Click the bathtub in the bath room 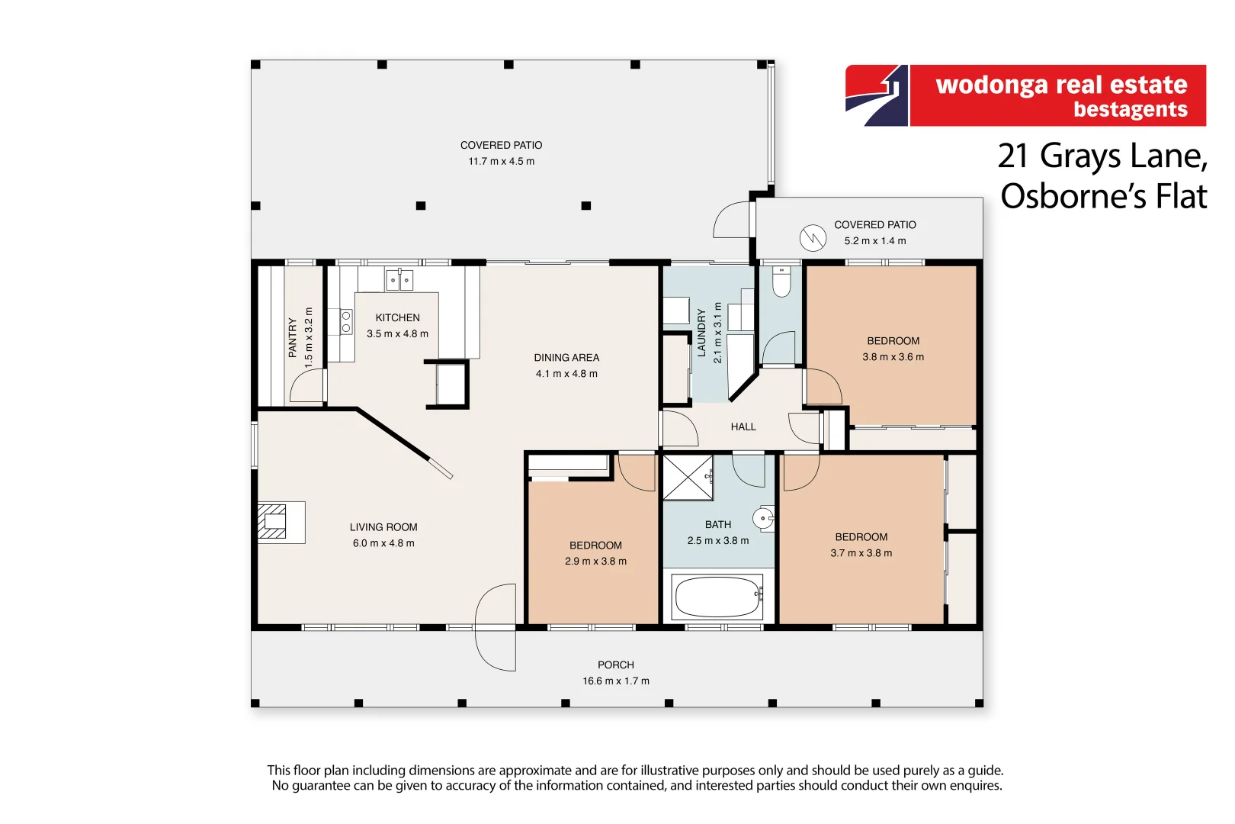pos(717,597)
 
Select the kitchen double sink pos(399,280)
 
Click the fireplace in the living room pos(273,522)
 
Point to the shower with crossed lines pos(688,478)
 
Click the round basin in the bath pos(763,518)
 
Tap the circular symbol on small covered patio pos(813,238)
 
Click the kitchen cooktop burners pos(346,321)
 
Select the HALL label pos(743,426)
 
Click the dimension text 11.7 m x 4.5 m pos(501,161)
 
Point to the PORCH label pos(615,665)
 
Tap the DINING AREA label pos(566,357)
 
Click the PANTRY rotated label pos(292,338)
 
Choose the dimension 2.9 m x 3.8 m pos(595,561)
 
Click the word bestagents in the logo pos(1130,109)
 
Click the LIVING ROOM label pos(383,526)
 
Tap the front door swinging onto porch pos(496,627)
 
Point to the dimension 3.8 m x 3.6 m pos(893,356)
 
